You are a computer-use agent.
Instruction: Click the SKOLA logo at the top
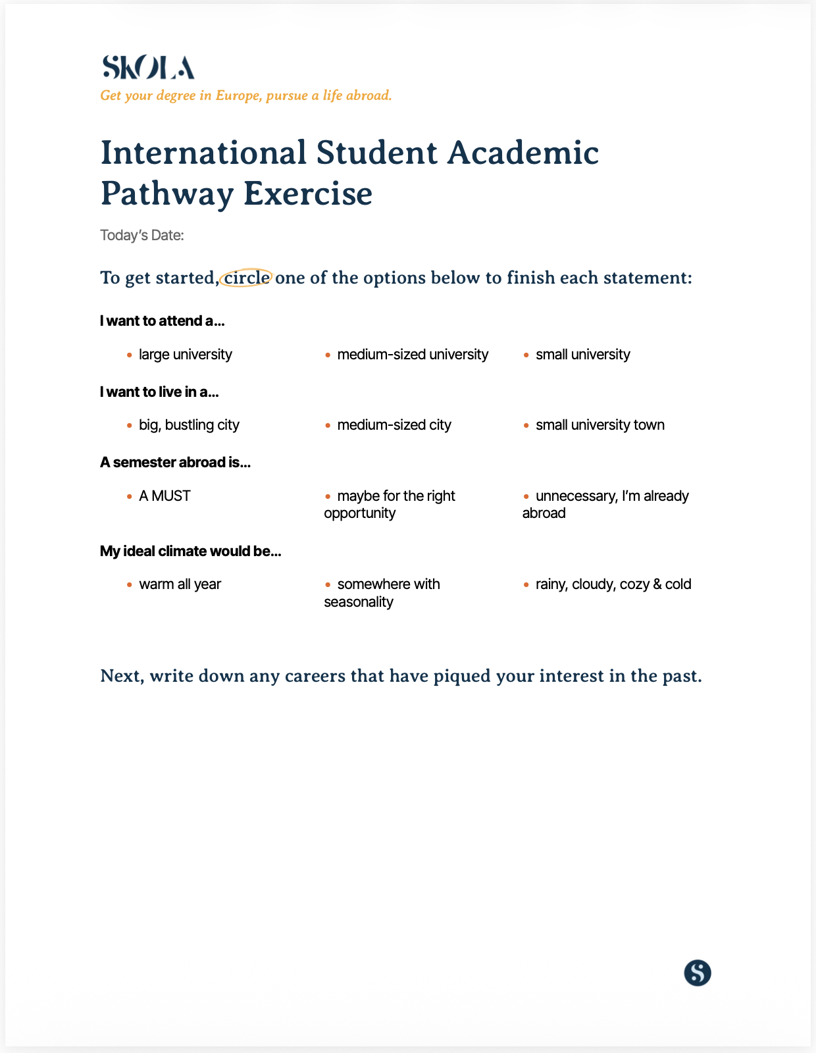click(x=148, y=68)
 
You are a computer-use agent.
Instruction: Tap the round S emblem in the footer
click(x=698, y=973)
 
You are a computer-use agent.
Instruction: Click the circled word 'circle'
click(x=247, y=278)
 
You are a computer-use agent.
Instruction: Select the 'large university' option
click(x=185, y=355)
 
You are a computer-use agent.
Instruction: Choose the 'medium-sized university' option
click(x=413, y=355)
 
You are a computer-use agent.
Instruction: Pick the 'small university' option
click(x=582, y=355)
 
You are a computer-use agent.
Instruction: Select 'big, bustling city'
click(x=189, y=425)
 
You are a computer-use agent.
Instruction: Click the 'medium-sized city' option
click(x=394, y=425)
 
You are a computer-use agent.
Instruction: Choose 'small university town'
click(x=599, y=425)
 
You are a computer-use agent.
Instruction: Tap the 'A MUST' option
click(x=165, y=496)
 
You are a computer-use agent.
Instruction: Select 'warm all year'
click(x=180, y=584)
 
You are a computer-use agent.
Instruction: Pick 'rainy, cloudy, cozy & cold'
click(x=613, y=584)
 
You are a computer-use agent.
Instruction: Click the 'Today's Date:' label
click(x=142, y=235)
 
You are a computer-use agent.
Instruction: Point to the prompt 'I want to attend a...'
click(x=163, y=321)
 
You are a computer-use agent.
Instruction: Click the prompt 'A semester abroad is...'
click(x=176, y=463)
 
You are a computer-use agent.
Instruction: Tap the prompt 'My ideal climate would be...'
click(x=191, y=552)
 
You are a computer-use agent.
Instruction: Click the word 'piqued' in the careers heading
click(x=462, y=676)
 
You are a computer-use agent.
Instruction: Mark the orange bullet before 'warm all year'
click(x=130, y=584)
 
